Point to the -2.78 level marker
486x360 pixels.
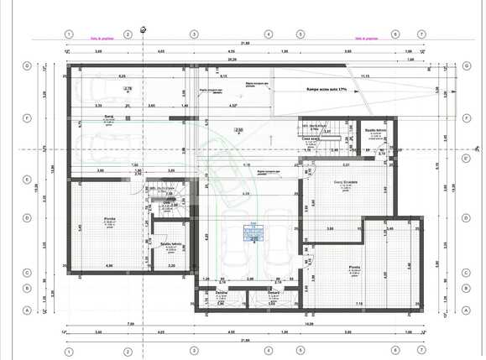pyautogui.click(x=128, y=88)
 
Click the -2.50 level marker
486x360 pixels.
pyautogui.click(x=238, y=130)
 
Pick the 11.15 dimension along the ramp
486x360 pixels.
pyautogui.click(x=364, y=76)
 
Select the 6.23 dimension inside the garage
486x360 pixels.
pyautogui.click(x=122, y=76)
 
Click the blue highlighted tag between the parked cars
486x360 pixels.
pyautogui.click(x=253, y=232)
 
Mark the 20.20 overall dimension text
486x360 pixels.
pyautogui.click(x=232, y=60)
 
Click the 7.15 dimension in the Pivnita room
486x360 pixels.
pyautogui.click(x=358, y=304)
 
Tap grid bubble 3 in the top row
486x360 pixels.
pyautogui.click(x=193, y=34)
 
